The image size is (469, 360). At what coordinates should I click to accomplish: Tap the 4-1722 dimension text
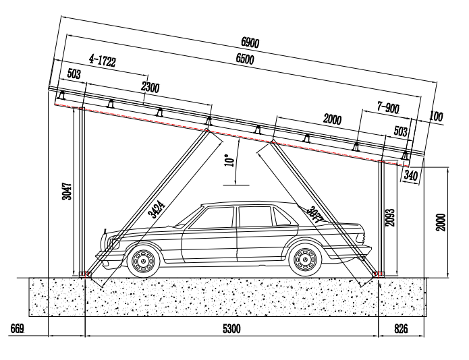tap(102, 63)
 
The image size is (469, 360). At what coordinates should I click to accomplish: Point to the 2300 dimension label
tap(151, 86)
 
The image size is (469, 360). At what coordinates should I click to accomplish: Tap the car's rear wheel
tap(304, 260)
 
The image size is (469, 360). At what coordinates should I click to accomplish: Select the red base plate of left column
tap(85, 273)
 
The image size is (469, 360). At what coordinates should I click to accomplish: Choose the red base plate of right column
tap(378, 273)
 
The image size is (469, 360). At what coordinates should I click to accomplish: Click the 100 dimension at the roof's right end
tap(436, 117)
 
